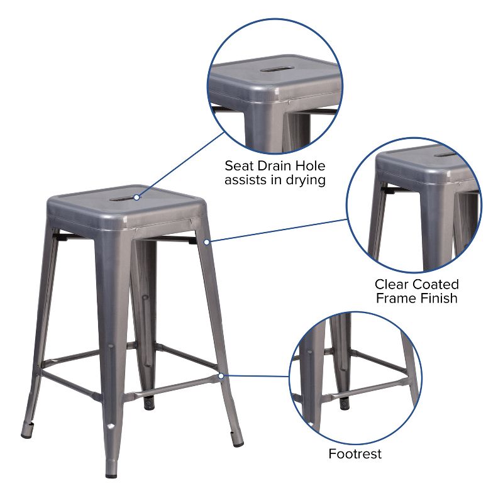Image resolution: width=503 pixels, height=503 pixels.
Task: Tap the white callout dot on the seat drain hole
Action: (136, 197)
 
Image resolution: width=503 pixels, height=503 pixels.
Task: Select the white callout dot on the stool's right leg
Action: (207, 241)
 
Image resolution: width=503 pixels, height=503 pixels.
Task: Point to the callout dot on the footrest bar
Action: (221, 375)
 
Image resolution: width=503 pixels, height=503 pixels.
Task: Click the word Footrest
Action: (355, 453)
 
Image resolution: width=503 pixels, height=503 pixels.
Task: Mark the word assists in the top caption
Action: (249, 180)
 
